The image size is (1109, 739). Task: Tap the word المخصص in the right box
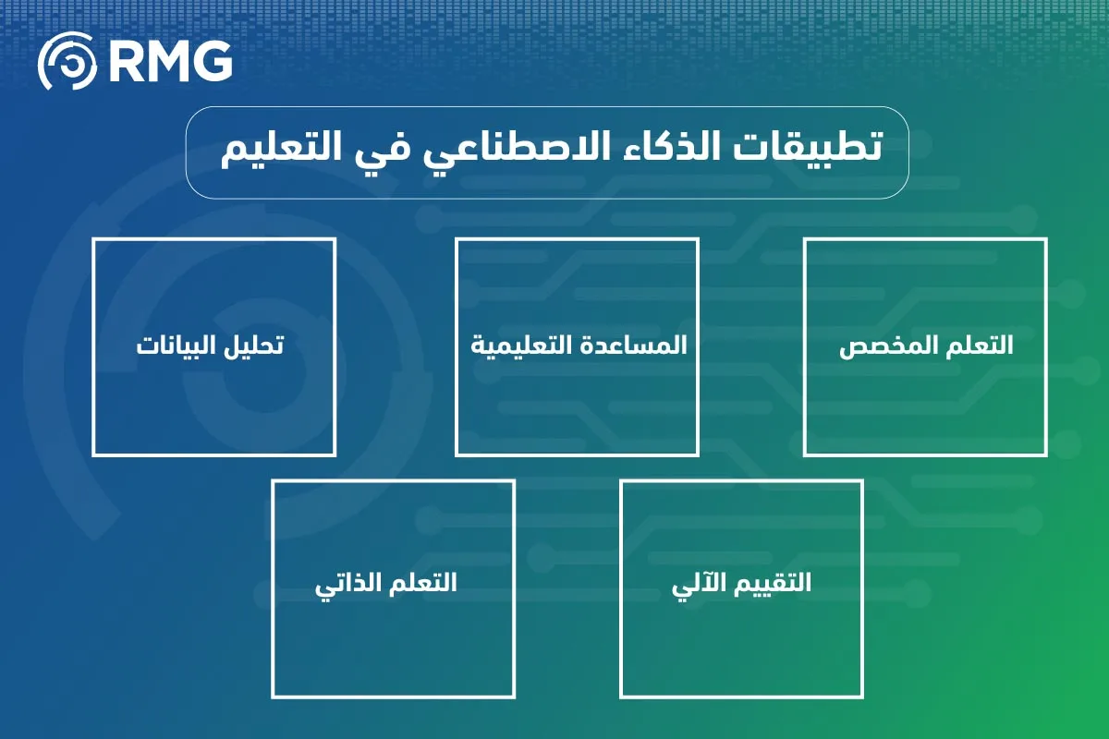(879, 346)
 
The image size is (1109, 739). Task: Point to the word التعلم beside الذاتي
(421, 584)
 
